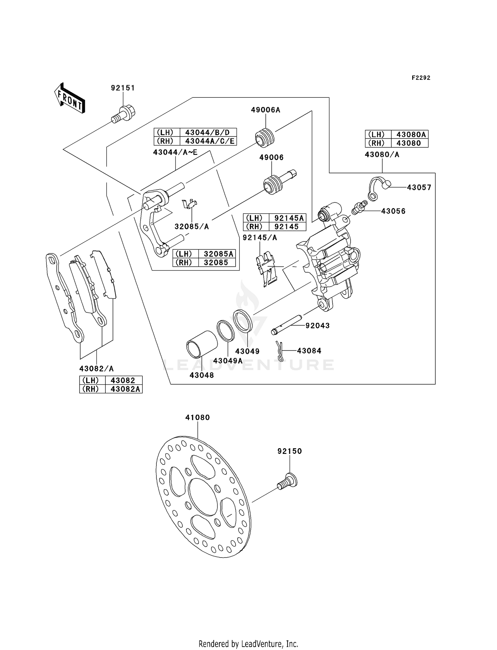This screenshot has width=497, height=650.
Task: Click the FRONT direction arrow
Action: (x=70, y=98)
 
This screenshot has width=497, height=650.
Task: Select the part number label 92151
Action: (x=123, y=88)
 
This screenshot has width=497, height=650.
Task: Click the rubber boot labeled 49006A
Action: (x=265, y=136)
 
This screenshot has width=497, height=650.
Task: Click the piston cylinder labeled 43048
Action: (x=202, y=344)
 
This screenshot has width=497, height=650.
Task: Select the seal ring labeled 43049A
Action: (x=226, y=331)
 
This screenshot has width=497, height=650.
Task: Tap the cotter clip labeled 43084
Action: (x=279, y=351)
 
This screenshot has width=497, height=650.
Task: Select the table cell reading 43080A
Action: (x=410, y=135)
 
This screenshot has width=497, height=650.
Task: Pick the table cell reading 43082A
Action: (x=124, y=389)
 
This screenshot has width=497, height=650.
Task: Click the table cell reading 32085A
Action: (x=217, y=254)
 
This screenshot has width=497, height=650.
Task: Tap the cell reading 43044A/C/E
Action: (x=208, y=141)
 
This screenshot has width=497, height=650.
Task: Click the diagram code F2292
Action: (x=421, y=78)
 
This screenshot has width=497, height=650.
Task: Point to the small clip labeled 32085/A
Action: (x=190, y=204)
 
